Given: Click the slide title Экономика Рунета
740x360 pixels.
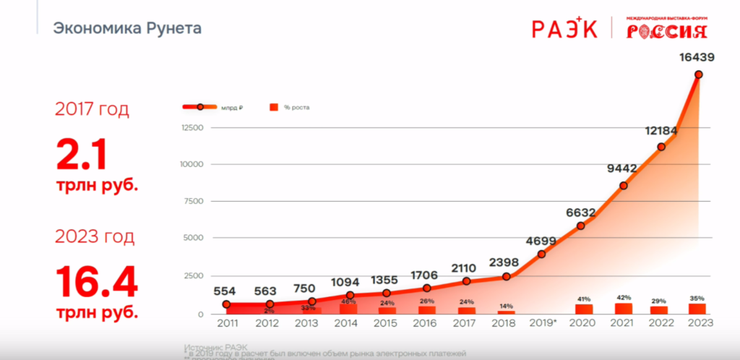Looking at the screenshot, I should pyautogui.click(x=127, y=29).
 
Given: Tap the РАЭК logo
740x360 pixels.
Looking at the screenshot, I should pyautogui.click(x=564, y=28).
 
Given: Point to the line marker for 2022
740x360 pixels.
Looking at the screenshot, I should pyautogui.click(x=661, y=147).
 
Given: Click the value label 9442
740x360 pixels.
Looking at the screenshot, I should pyautogui.click(x=621, y=168).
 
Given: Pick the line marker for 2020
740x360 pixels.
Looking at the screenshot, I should pyautogui.click(x=581, y=226).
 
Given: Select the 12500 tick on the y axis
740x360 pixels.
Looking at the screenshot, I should pyautogui.click(x=192, y=128).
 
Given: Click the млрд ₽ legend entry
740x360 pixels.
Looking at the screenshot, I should pyautogui.click(x=231, y=108).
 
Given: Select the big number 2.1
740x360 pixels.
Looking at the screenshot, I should pyautogui.click(x=82, y=155).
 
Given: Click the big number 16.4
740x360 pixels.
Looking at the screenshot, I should pyautogui.click(x=97, y=281).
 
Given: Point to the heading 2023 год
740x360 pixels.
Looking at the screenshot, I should pyautogui.click(x=95, y=236).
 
